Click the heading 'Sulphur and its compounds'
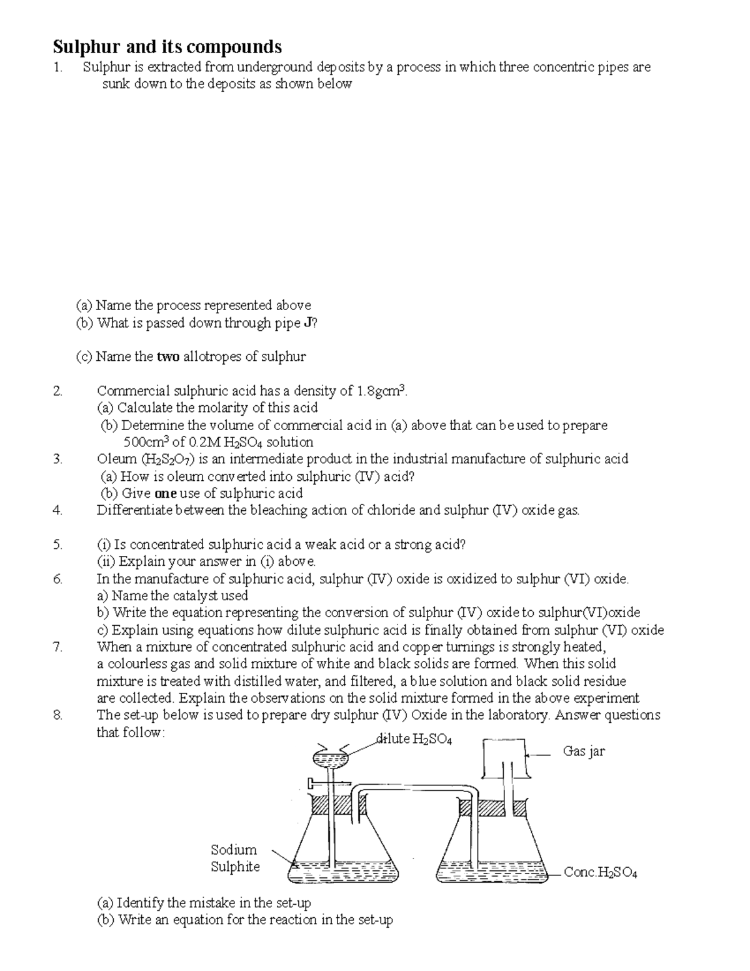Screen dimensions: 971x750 point(167,47)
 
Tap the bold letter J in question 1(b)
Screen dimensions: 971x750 point(307,323)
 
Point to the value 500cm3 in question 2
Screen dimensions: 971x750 point(147,442)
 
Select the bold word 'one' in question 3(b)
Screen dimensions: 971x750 point(165,493)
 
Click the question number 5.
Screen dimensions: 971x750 point(57,545)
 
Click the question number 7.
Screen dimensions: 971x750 point(57,646)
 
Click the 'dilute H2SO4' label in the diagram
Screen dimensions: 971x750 point(414,739)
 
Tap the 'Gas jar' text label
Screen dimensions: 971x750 point(584,751)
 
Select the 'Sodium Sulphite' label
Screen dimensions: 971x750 point(234,858)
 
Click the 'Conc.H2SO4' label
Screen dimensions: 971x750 point(600,872)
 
